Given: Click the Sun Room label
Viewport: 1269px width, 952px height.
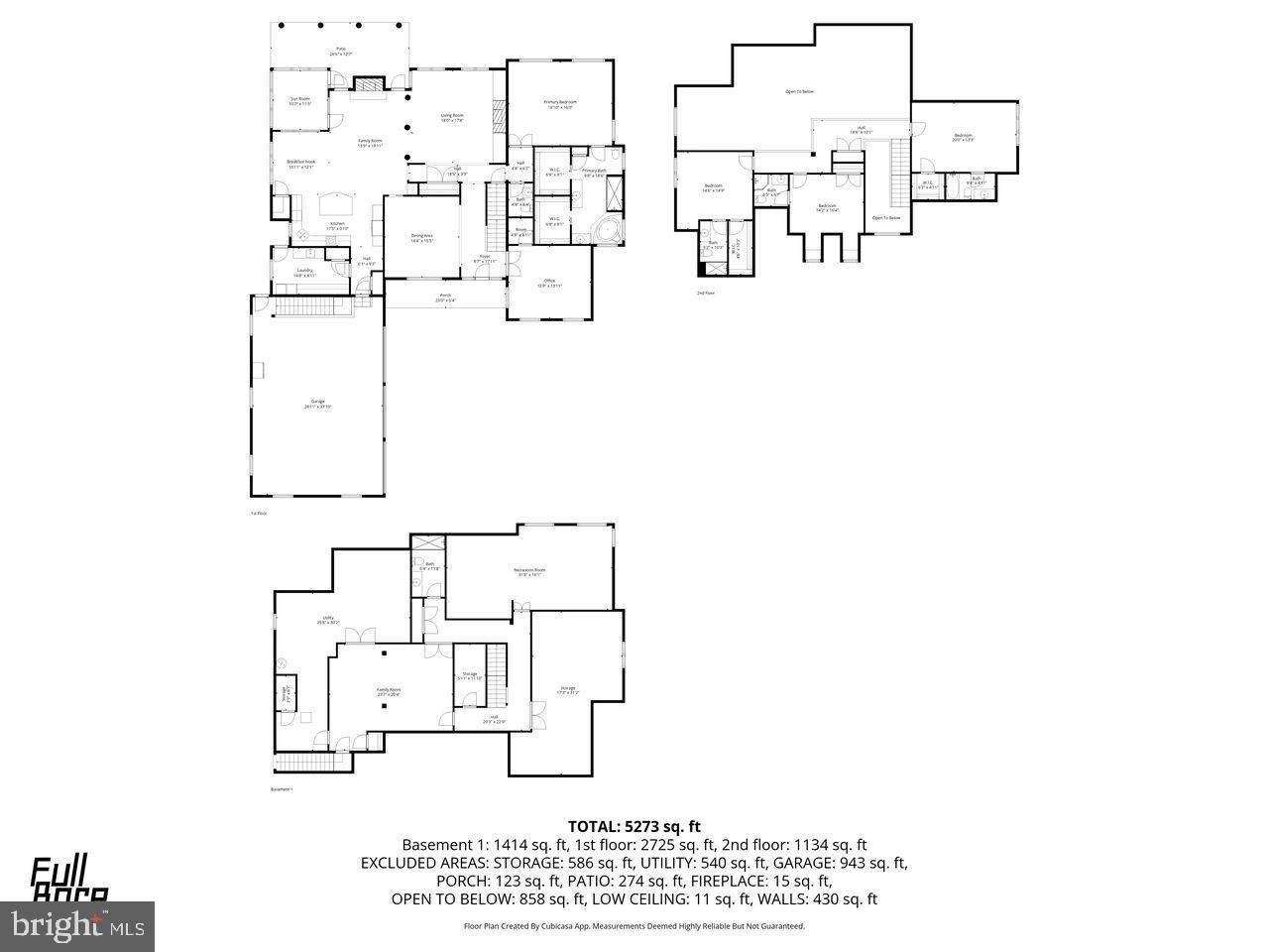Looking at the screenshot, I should coord(300,101).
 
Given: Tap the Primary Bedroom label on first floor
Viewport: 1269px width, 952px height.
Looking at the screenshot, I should coord(560,104).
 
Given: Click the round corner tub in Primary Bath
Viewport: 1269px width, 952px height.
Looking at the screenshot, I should coord(605,231).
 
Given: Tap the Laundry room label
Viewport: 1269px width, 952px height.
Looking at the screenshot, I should coord(305,273).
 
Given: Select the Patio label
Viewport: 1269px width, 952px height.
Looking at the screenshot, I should coord(340,51).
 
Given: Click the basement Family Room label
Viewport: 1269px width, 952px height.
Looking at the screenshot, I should coord(389,691).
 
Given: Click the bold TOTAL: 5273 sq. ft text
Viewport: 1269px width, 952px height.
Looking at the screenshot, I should coord(634,825).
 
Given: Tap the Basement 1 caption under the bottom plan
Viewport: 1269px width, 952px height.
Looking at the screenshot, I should coord(283,789).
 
